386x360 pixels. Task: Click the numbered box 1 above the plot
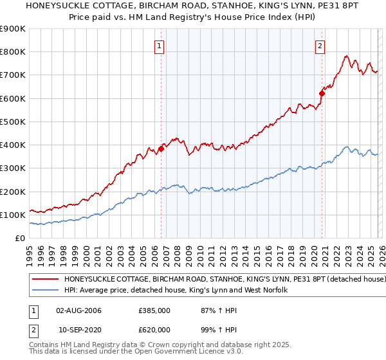coord(158,46)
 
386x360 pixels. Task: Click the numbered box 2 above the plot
coord(320,46)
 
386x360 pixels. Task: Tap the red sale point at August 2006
coord(161,148)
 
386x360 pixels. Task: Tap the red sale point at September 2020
coord(322,94)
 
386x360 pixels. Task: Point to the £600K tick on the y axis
coord(13,98)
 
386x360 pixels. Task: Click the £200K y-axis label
coord(13,192)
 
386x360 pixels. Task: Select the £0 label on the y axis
coord(21,238)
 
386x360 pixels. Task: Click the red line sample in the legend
coord(46,280)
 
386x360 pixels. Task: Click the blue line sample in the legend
coord(46,291)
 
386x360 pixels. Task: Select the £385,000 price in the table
coord(154,310)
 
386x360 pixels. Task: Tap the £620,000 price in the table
coord(154,330)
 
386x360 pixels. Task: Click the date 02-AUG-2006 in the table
coord(78,310)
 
